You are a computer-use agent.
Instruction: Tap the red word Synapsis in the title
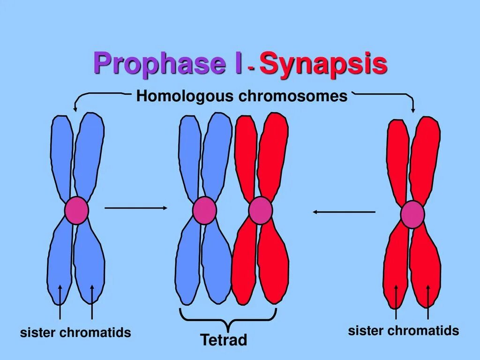coord(323,64)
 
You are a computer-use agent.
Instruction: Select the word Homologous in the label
coord(186,97)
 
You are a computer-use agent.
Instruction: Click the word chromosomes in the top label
coord(293,97)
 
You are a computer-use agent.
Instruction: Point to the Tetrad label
coord(224,340)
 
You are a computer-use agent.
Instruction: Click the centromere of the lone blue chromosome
coord(76,210)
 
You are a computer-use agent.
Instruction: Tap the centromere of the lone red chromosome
coord(412,214)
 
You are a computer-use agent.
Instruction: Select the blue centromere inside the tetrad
coord(204,210)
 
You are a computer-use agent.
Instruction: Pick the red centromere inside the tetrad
coord(260,210)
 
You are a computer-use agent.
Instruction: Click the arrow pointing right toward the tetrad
coord(136,207)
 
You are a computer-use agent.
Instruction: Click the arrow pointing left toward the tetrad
coord(344,212)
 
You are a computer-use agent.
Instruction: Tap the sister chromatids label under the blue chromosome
coord(75,333)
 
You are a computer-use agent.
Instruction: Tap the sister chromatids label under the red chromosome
coord(403,330)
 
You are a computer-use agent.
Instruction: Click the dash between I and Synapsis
coord(252,68)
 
